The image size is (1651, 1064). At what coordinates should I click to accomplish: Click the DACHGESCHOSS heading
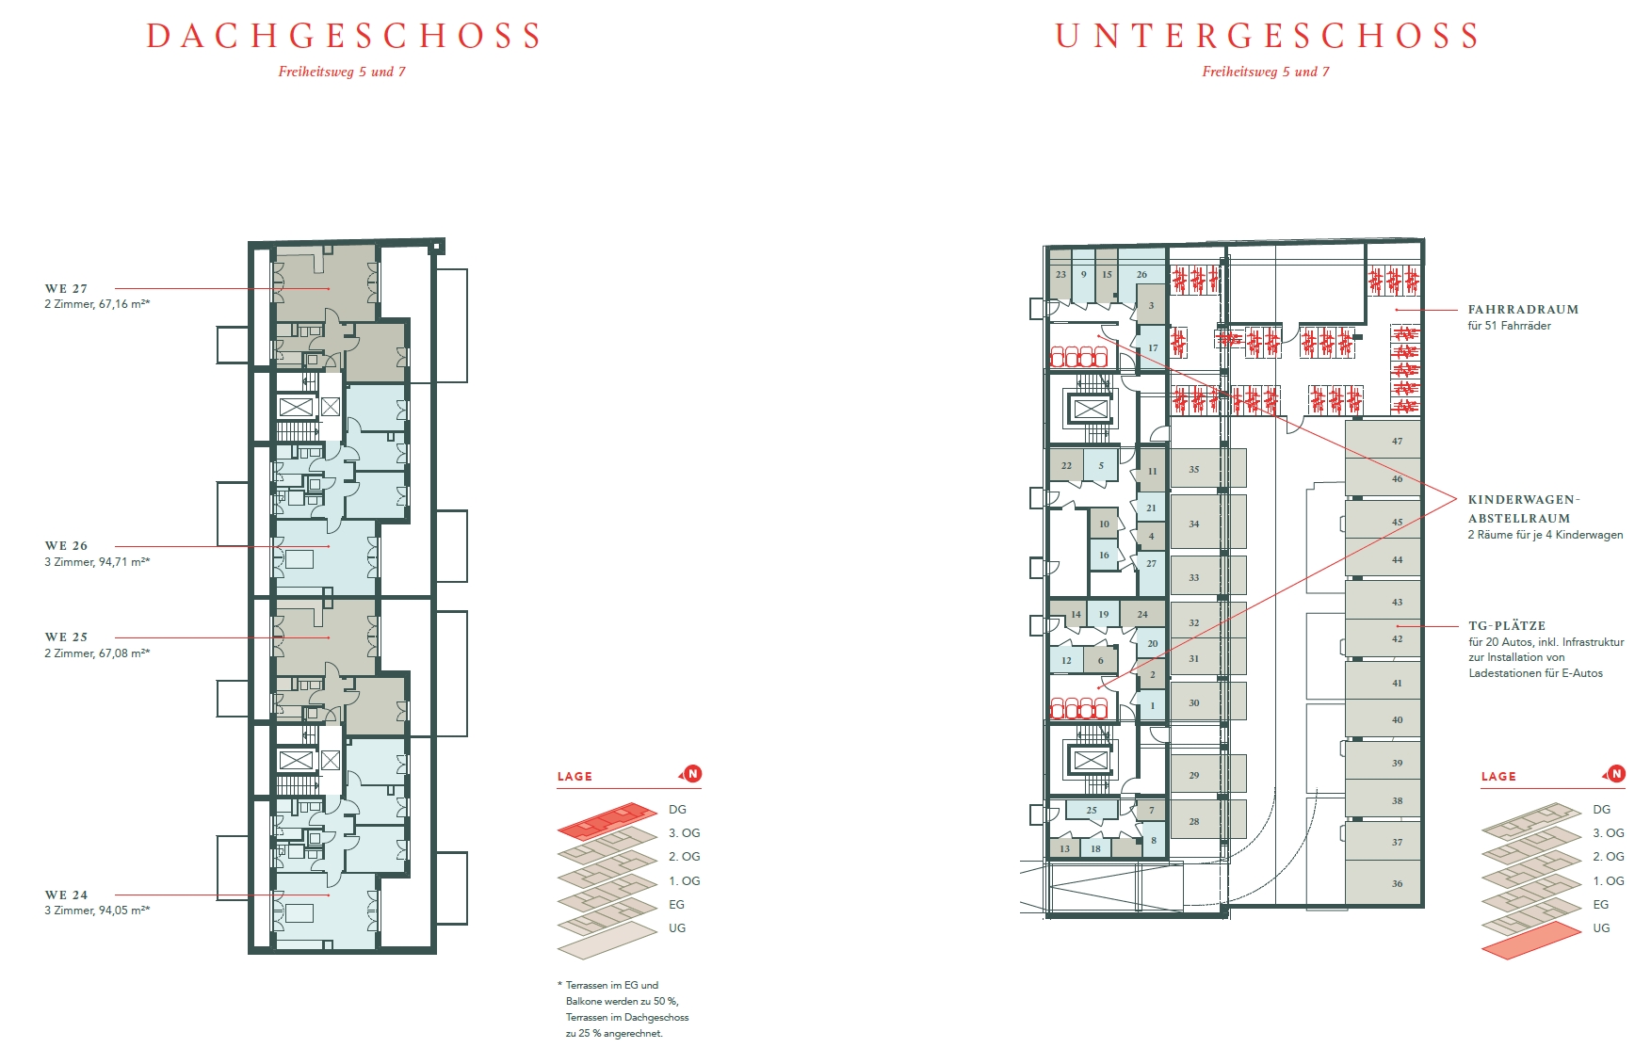[344, 36]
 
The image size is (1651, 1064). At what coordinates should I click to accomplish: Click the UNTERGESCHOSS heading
[1267, 36]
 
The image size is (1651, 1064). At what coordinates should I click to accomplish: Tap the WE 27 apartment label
[66, 289]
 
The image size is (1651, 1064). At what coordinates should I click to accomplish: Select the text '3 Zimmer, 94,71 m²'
[95, 562]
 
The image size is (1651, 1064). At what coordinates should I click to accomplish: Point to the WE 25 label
[66, 637]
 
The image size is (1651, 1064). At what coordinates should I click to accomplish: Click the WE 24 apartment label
[66, 895]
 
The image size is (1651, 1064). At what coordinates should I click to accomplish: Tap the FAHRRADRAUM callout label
[1523, 310]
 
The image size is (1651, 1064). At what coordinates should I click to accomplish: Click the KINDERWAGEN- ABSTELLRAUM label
[1524, 508]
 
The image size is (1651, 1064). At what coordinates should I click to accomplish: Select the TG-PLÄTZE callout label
[1507, 625]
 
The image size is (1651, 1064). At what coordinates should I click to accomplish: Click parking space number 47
[1397, 441]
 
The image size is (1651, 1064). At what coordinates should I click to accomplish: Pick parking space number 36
[1397, 883]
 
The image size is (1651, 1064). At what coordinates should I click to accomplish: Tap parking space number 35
[1193, 469]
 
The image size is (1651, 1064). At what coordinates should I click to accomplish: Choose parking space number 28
[1193, 821]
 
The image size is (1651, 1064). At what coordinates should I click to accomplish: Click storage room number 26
[1141, 275]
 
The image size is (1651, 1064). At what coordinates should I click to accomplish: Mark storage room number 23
[1060, 275]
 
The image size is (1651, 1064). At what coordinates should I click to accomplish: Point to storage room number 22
[1066, 465]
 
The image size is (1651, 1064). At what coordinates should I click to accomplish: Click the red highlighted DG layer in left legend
[607, 820]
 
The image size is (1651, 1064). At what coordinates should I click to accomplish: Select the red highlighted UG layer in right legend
[1531, 941]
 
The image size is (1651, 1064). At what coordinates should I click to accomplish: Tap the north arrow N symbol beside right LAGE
[1616, 774]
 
